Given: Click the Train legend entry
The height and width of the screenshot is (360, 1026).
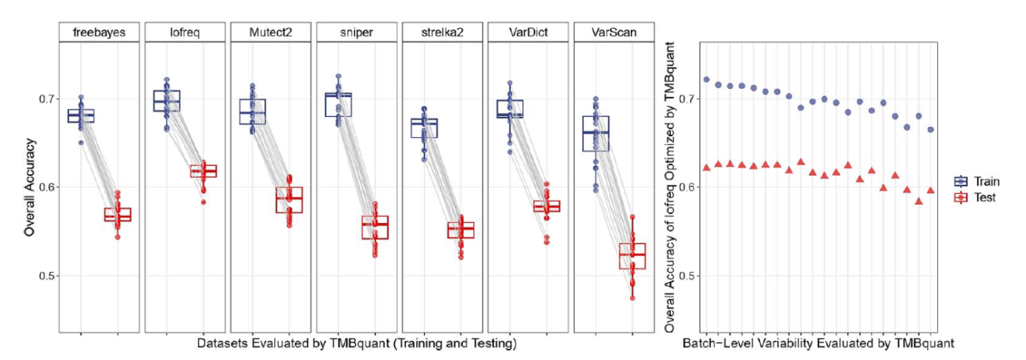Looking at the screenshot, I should [x=976, y=182].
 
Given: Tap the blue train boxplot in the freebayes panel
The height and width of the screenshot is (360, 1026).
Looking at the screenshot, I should [x=80, y=115].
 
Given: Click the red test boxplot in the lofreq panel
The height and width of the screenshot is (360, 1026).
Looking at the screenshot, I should [x=204, y=171].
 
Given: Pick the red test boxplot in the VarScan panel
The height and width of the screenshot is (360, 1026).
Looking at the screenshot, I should [x=632, y=255].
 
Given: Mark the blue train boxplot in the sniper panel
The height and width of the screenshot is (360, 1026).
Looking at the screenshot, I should [x=337, y=104].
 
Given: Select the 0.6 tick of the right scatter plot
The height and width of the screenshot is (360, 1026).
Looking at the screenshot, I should [x=687, y=187].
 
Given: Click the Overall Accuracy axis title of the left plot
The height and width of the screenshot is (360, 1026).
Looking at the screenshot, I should [x=29, y=187].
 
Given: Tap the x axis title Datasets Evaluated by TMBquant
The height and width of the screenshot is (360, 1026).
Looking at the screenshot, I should [x=357, y=343].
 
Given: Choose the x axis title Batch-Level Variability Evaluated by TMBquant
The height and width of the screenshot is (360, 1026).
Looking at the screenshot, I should [x=818, y=343].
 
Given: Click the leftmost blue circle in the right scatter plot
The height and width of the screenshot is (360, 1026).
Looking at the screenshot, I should [x=706, y=79].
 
